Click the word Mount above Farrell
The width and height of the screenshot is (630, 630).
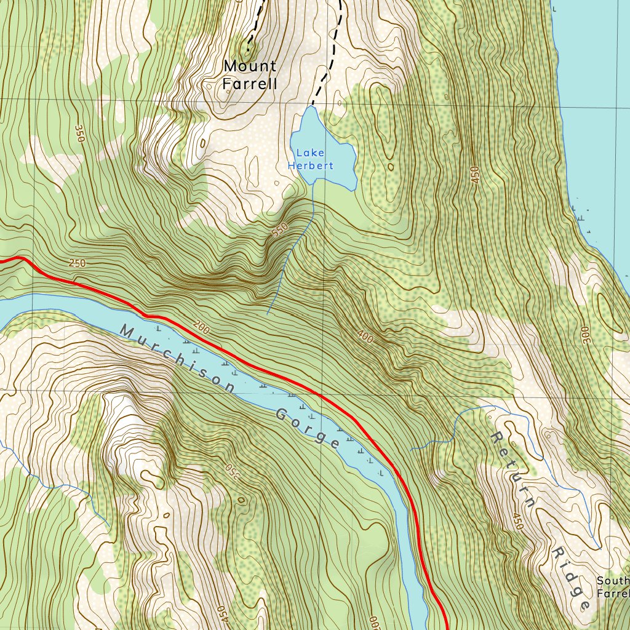point(250,65)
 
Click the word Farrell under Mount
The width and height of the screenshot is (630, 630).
point(250,84)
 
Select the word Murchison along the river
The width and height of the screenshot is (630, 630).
point(178,359)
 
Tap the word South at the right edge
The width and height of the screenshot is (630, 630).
point(613,581)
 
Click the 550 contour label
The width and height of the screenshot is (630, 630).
point(279,231)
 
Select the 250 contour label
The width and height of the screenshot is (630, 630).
point(78,263)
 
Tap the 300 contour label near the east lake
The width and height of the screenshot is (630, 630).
point(584,335)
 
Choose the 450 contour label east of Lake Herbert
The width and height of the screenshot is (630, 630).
point(474,175)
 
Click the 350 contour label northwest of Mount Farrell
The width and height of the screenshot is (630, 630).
point(79,134)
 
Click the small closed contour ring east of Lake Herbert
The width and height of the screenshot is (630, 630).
point(390,166)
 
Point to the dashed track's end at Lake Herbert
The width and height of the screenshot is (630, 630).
point(312,105)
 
